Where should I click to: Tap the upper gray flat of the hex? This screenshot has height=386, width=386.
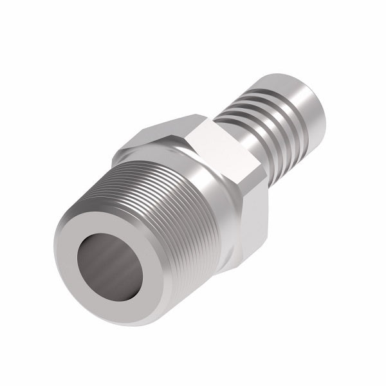click(x=164, y=132)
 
